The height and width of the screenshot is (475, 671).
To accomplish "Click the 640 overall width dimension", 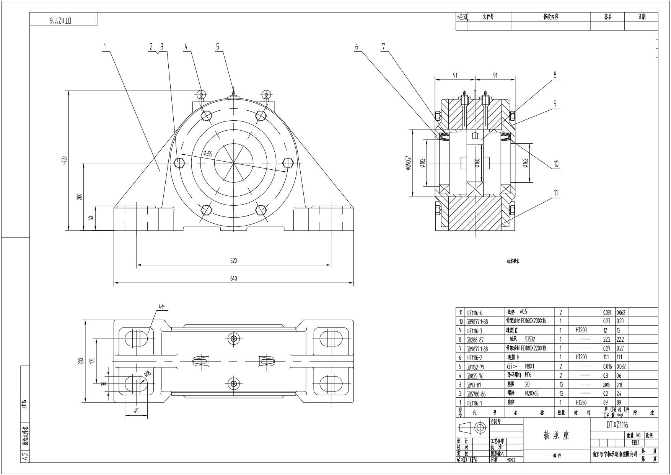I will click(233, 278).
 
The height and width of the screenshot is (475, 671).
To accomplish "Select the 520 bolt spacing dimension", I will click(233, 260).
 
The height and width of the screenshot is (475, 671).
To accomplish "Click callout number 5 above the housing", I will click(218, 47).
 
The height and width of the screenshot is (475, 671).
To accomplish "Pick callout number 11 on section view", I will click(556, 192).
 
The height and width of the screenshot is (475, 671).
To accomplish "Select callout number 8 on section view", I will click(555, 75).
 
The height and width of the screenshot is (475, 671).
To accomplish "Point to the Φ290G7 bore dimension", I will click(409, 163).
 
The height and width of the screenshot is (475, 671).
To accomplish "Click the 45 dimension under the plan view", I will click(136, 411).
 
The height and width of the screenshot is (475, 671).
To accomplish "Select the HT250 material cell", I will click(581, 403).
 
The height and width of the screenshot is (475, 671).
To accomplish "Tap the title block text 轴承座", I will click(556, 436).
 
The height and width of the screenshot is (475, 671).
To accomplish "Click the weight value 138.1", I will click(635, 442).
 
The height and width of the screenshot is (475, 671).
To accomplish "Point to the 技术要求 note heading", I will click(513, 261).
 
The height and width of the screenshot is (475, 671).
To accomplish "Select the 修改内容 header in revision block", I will click(551, 17).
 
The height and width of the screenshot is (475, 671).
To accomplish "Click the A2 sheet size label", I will click(25, 457).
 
